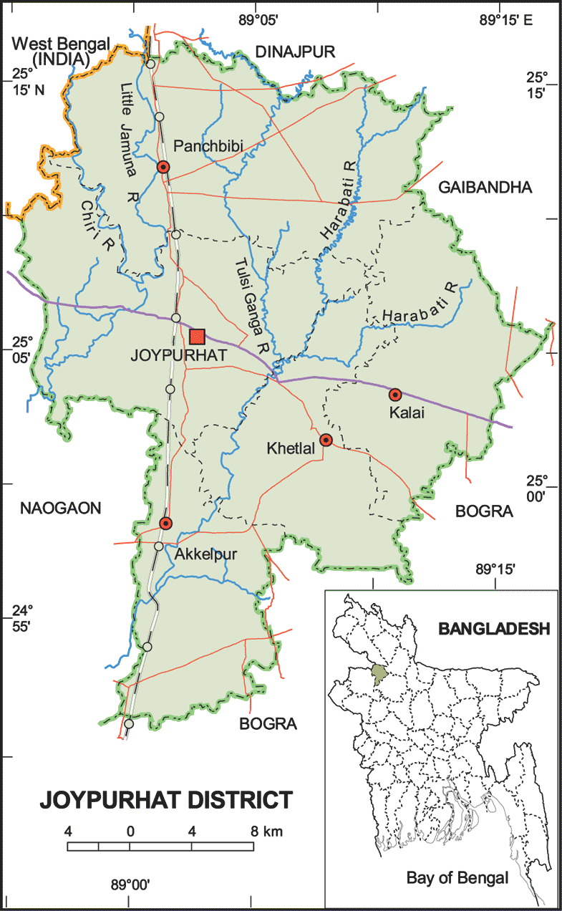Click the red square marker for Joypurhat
(198, 336)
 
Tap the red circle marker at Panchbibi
(163, 167)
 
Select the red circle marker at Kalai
(394, 395)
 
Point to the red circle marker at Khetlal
(326, 440)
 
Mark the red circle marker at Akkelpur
(166, 523)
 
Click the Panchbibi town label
(209, 147)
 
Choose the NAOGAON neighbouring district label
(61, 508)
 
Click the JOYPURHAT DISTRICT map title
(167, 799)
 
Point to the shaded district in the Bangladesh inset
(377, 673)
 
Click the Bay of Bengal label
(457, 877)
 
